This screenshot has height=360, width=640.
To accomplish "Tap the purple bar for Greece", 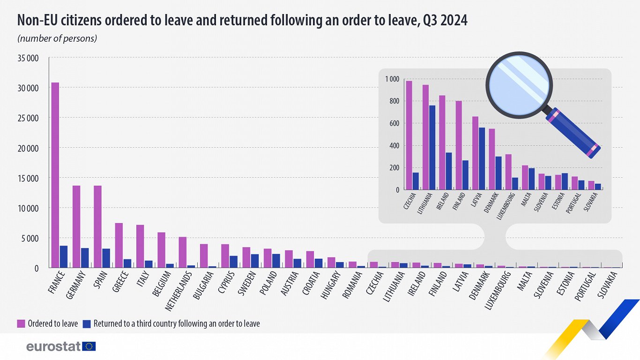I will point(119,245).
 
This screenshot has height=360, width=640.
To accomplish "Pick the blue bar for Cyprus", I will point(233,262).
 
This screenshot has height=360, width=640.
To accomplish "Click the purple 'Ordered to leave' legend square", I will point(21,323).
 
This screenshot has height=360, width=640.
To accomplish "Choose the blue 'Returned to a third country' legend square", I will point(87,323).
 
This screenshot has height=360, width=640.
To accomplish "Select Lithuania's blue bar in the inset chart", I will point(432,147).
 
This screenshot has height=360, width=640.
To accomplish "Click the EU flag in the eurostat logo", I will point(89,346).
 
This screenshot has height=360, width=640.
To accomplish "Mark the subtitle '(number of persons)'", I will point(57,38).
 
